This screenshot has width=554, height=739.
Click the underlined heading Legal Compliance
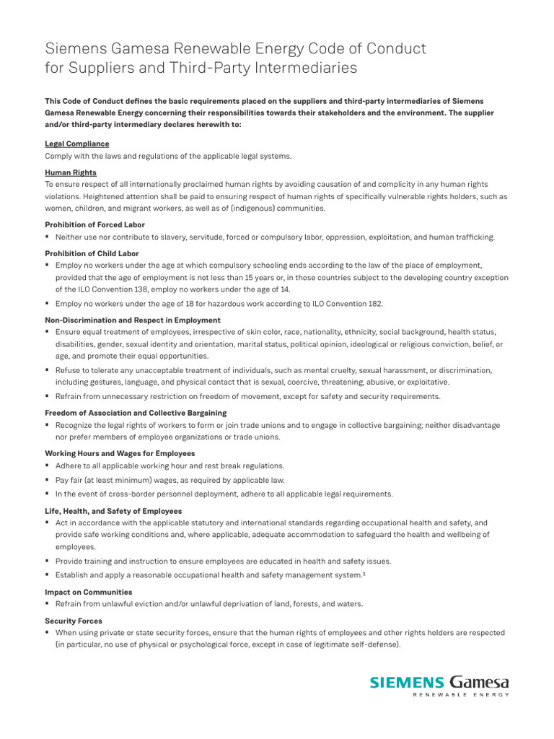point(77,144)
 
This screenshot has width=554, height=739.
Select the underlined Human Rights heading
point(71,172)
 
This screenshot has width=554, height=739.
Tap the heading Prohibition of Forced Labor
point(94,224)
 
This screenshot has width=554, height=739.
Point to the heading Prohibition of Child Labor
point(92,253)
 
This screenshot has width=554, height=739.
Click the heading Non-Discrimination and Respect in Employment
point(133,320)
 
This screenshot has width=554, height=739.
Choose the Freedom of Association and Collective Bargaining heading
point(136,413)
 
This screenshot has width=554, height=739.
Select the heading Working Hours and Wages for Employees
point(120,453)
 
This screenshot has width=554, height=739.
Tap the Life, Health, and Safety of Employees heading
point(113,511)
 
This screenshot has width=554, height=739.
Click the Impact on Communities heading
point(89,592)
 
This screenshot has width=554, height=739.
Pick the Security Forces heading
point(74,621)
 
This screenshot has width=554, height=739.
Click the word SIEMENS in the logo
point(407,682)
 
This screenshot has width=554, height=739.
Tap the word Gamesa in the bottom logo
point(479,682)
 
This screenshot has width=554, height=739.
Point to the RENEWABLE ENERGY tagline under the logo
point(460,695)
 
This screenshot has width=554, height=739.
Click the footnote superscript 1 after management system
point(363,573)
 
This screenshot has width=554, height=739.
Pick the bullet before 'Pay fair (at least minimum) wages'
point(47,480)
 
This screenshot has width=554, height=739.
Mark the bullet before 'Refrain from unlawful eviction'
point(47,603)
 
